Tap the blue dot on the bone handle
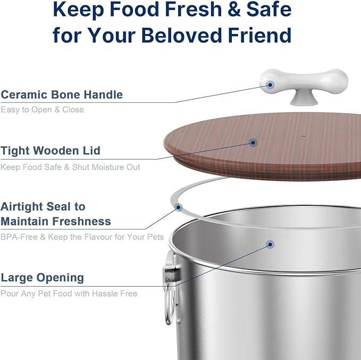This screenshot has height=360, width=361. tap(271, 84)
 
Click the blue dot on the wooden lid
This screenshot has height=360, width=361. tap(253, 143)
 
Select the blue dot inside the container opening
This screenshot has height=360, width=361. tap(270, 245)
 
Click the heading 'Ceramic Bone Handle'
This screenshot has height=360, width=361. tap(62, 95)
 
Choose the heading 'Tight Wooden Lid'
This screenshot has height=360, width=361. tap(51, 151)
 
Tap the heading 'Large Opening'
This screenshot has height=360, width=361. tap(43, 278)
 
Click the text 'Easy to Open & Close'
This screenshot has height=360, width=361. tap(43, 110)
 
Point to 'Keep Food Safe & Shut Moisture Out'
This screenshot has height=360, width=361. tap(70, 167)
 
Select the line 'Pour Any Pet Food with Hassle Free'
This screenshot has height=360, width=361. tap(69, 294)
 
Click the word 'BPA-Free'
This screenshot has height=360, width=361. tap(19, 237)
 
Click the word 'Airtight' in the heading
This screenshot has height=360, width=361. tap(27, 206)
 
